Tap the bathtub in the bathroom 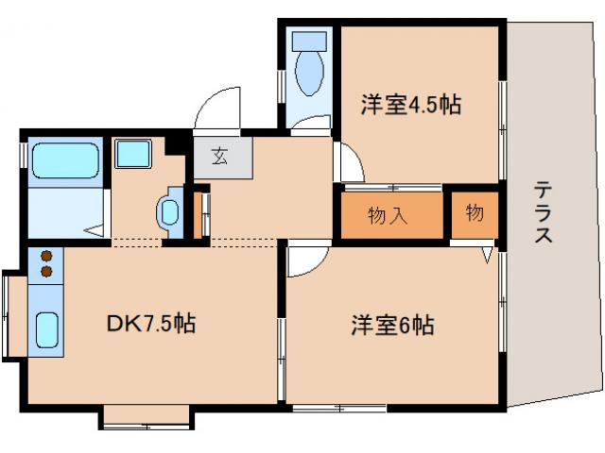(65, 161)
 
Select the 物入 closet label (389, 215)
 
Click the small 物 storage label (474, 214)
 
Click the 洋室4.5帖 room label (409, 104)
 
